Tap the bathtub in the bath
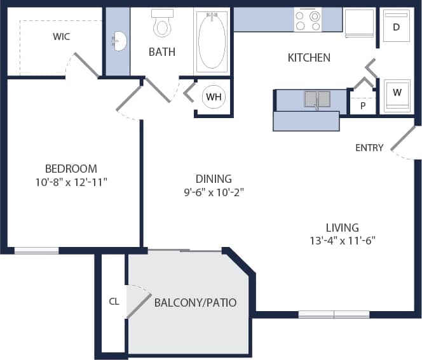[x=212, y=39]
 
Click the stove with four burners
[x=308, y=20]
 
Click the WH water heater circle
[x=212, y=97]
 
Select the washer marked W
[x=397, y=93]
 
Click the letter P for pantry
[x=363, y=106]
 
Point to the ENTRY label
[x=369, y=148]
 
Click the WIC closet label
[x=62, y=37]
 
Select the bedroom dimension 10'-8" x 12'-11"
[x=71, y=182]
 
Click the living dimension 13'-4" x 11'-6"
[x=342, y=241]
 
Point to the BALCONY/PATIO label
[x=195, y=302]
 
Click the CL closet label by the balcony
[x=114, y=302]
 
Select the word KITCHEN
[x=309, y=58]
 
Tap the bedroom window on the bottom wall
[x=36, y=251]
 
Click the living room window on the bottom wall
[x=334, y=314]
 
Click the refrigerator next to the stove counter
[x=359, y=23]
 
